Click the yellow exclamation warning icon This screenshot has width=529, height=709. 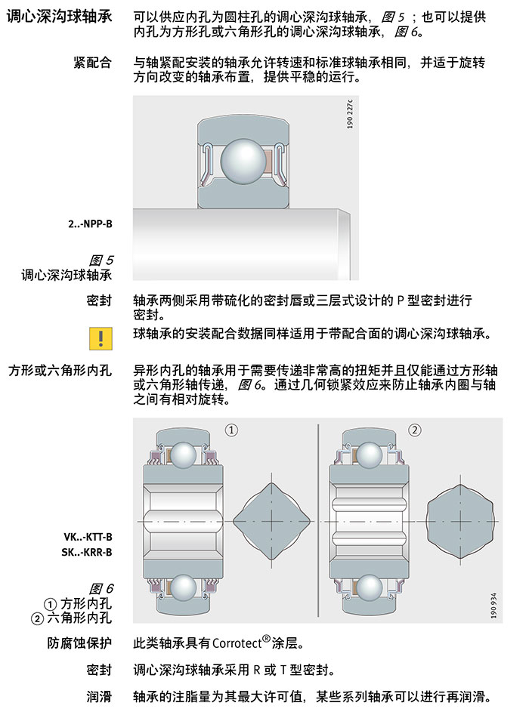pyautogui.click(x=101, y=339)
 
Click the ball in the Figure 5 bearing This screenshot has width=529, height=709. pyautogui.click(x=243, y=162)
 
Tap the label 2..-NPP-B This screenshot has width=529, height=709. pyautogui.click(x=90, y=223)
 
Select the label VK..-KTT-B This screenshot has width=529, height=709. pyautogui.click(x=88, y=537)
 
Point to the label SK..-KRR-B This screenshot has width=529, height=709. pyautogui.click(x=87, y=552)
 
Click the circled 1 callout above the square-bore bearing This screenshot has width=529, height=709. pyautogui.click(x=231, y=430)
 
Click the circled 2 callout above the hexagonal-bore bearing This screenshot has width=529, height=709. pyautogui.click(x=415, y=430)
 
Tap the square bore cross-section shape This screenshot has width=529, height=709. pyautogui.click(x=271, y=521)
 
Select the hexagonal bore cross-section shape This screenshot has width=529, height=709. pyautogui.click(x=460, y=521)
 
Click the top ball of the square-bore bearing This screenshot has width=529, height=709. pyautogui.click(x=184, y=455)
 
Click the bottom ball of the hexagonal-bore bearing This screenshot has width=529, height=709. pyautogui.click(x=370, y=588)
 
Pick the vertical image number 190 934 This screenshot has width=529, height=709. pyautogui.click(x=493, y=606)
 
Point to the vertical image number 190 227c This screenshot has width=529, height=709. pyautogui.click(x=349, y=114)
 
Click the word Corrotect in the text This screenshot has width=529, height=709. pyautogui.click(x=237, y=643)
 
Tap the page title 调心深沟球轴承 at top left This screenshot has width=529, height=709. pyautogui.click(x=59, y=17)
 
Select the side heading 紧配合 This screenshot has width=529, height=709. pyautogui.click(x=92, y=63)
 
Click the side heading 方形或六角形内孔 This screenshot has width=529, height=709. pyautogui.click(x=60, y=371)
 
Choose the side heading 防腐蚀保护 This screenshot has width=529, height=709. pyautogui.click(x=79, y=643)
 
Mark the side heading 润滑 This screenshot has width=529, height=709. pyautogui.click(x=99, y=697)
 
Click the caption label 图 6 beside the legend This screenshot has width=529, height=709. pyautogui.click(x=101, y=588)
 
